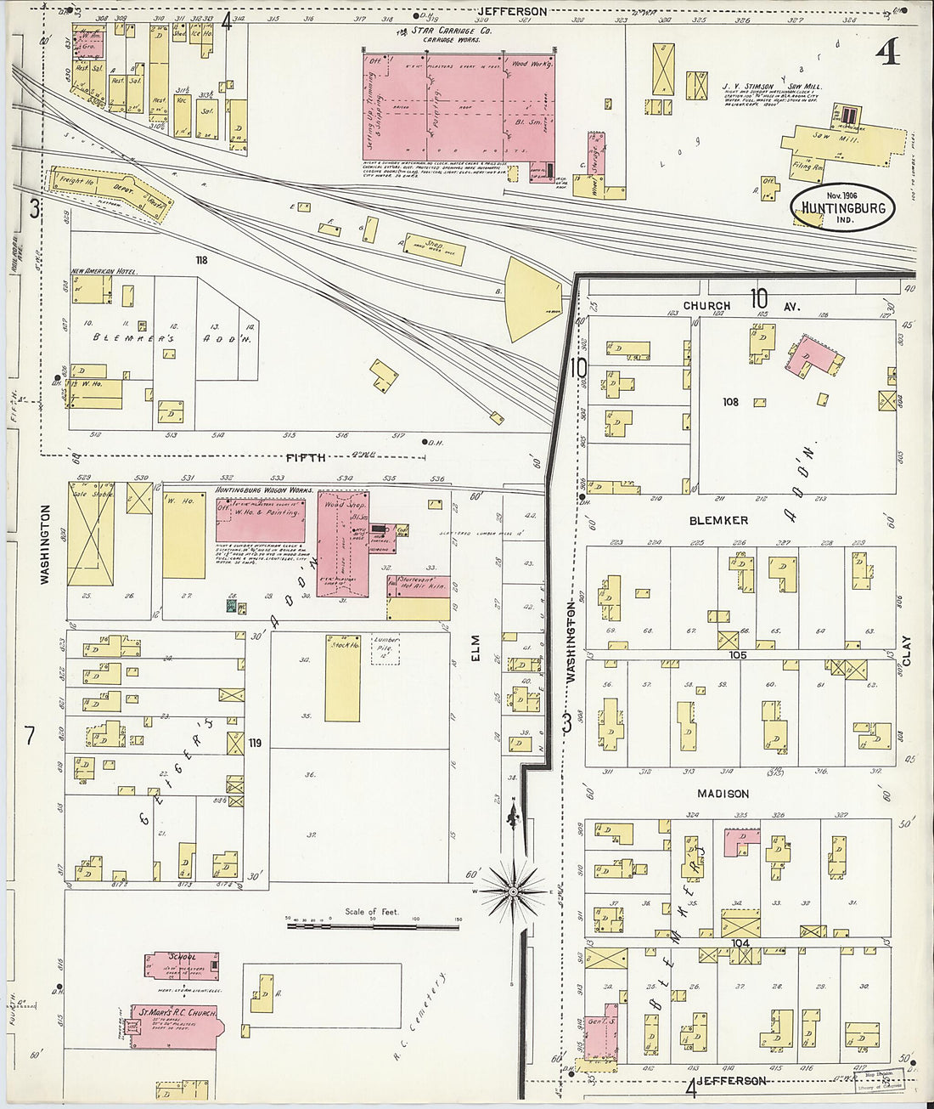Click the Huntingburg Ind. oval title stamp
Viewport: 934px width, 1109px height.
(842, 207)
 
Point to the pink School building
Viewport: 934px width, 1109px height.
(182, 965)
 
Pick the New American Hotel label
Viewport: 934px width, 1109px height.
(104, 271)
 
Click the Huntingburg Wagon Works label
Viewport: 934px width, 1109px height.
(264, 490)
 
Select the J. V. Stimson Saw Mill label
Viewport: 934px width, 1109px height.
(771, 86)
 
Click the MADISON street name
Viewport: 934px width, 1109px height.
(723, 794)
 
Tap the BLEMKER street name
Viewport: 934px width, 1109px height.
(718, 520)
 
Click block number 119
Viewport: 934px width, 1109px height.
(255, 743)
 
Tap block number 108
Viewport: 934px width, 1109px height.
(730, 401)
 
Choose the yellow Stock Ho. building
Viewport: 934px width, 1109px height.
(343, 678)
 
